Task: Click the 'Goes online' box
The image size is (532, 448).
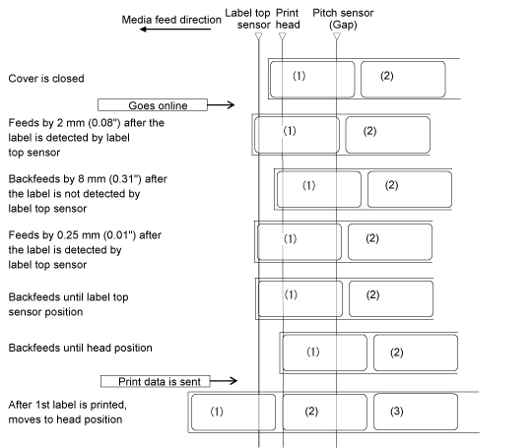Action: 153,104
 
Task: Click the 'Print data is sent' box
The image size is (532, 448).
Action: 156,381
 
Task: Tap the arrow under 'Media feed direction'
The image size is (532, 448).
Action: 175,30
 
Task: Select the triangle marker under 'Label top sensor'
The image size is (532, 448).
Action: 258,36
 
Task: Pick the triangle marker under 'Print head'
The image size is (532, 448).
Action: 283,36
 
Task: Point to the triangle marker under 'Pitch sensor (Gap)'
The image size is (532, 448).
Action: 337,36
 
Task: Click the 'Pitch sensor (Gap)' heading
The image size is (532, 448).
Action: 343,19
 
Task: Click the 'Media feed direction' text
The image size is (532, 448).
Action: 171,20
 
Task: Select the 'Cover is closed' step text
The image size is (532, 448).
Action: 46,79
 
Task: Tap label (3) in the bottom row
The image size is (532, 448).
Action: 416,412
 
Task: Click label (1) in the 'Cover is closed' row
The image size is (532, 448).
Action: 312,80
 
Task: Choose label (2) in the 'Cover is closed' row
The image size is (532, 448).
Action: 403,80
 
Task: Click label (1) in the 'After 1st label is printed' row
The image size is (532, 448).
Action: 233,413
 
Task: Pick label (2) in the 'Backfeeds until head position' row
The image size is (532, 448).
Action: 416,352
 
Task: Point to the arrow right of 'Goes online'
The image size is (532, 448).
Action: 221,104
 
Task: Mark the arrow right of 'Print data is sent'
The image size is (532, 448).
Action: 224,381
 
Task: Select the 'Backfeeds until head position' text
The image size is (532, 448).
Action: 81,348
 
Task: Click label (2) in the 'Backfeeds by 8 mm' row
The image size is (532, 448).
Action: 410,189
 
